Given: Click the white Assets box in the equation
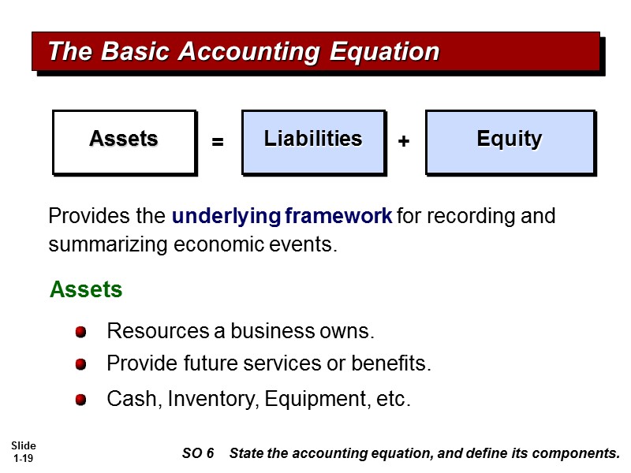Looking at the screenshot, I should [123, 140].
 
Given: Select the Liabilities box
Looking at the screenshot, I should [312, 140].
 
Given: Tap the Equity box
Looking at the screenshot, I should [509, 140].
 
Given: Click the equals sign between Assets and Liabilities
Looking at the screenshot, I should [218, 143].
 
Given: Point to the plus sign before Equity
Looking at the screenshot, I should [404, 142].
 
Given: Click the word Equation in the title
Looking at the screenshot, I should [381, 52].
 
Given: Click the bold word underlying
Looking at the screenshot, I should [226, 216].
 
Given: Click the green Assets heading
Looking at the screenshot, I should [86, 290].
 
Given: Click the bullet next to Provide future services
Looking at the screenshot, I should [80, 365].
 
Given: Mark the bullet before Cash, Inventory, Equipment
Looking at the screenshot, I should [80, 400].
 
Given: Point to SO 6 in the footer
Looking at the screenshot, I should [198, 453].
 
